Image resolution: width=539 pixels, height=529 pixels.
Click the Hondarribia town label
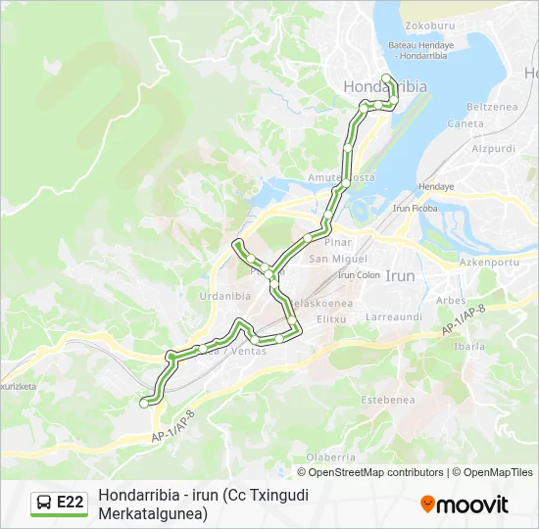(x=385, y=87)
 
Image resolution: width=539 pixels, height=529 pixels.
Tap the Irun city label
(x=400, y=276)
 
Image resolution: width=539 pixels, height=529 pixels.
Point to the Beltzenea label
(x=489, y=107)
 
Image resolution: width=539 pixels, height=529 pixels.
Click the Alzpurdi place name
(x=493, y=149)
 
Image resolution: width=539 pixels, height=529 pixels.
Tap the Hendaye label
(x=436, y=186)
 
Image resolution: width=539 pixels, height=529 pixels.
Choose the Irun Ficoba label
(x=415, y=209)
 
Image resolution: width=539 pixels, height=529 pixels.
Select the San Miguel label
(x=330, y=259)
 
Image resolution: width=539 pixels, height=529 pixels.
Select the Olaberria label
(x=330, y=457)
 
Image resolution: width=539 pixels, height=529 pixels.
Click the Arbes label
(x=450, y=301)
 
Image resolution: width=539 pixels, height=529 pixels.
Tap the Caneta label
(x=465, y=124)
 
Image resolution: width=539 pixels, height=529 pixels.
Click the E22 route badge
(x=60, y=503)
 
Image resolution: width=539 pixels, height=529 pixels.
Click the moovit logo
(x=465, y=505)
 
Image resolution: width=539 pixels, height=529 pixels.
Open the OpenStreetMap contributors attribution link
(x=376, y=472)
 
